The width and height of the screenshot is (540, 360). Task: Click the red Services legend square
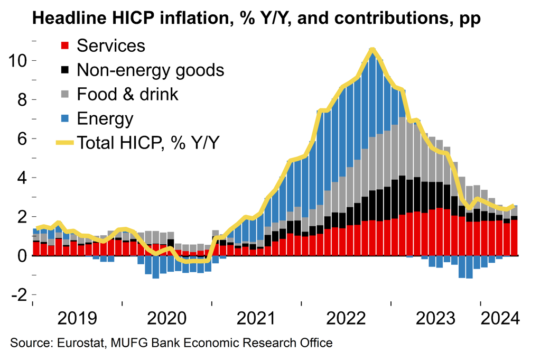[65, 46]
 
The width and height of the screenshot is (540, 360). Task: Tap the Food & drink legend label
[127, 94]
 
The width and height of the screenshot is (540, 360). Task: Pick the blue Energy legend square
[65, 119]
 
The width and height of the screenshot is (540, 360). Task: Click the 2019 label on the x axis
[78, 319]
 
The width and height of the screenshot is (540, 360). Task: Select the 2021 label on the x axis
[257, 319]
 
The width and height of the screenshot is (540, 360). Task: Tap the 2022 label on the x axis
[347, 319]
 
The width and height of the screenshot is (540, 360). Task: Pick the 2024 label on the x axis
[500, 319]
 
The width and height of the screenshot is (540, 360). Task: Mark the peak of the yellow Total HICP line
[373, 50]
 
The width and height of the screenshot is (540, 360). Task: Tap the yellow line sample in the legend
[65, 143]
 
